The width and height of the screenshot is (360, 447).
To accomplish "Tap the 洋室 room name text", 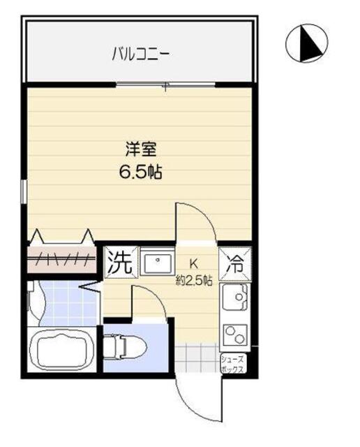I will click(x=140, y=149).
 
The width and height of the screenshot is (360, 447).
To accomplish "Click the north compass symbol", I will click(x=307, y=44).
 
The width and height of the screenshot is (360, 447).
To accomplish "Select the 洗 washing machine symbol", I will click(x=119, y=263).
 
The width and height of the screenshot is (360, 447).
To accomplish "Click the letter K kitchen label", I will click(x=195, y=264).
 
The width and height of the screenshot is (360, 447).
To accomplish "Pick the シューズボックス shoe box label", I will click(x=232, y=365).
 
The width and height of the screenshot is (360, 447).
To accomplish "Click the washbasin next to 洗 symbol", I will click(x=159, y=263).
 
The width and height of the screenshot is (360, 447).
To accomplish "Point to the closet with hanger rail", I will click(x=61, y=256).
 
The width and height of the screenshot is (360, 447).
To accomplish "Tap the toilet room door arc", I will click(x=148, y=300).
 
